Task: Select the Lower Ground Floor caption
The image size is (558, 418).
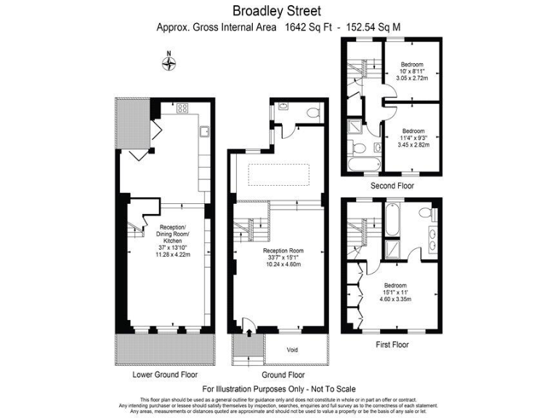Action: click(x=165, y=375)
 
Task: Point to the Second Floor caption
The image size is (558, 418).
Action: click(x=392, y=186)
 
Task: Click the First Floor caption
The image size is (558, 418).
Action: click(x=390, y=344)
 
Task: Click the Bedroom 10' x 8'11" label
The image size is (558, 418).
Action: click(x=411, y=72)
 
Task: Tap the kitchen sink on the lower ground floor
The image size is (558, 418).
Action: click(x=206, y=131)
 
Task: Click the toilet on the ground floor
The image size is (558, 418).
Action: click(x=312, y=112)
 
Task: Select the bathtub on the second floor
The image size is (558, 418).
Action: click(x=360, y=165)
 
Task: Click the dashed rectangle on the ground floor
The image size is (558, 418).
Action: click(x=280, y=175)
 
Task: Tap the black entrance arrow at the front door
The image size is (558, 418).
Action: click(x=250, y=332)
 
